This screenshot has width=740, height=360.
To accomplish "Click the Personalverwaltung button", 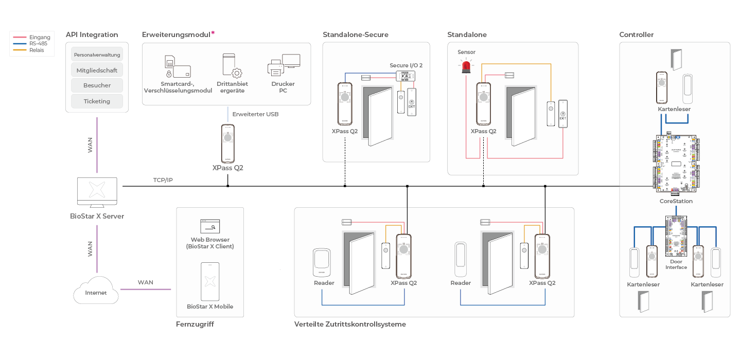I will coord(97,54).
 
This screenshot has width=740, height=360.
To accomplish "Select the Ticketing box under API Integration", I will coord(97,101).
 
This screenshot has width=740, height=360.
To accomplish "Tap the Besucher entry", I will coord(97,85).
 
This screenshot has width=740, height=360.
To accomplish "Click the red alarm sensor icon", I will coord(466,66).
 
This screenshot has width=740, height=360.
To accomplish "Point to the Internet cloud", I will coord(96,291).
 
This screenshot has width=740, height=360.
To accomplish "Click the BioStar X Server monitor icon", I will coord(97,193).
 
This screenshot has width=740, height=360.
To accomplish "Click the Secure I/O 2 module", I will coord(407,76).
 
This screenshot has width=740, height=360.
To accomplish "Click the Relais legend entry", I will coord(37,50).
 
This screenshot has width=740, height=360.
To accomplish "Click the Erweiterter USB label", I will coord(255,114).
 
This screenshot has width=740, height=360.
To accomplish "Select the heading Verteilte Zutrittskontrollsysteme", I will coord(350,325).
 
